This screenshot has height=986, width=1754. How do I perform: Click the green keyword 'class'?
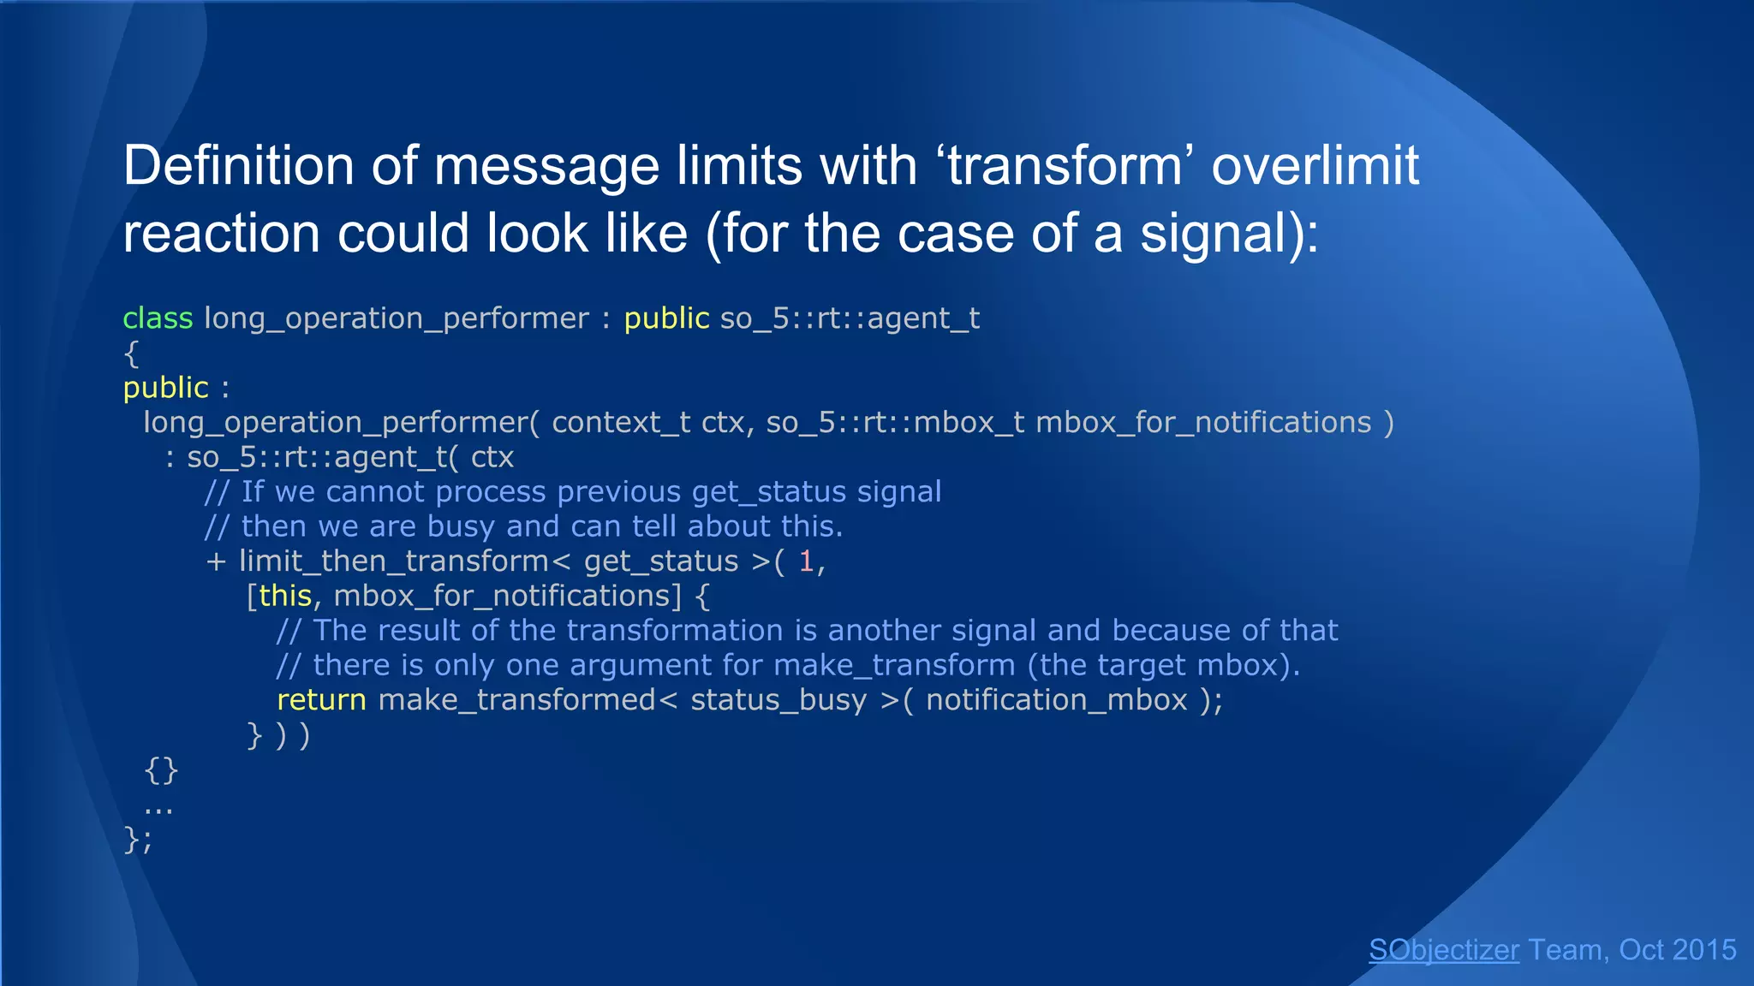click(158, 318)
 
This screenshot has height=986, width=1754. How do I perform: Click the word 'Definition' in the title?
click(238, 165)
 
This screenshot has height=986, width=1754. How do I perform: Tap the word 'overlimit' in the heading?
click(1315, 165)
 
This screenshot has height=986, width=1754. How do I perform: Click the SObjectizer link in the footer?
click(1444, 950)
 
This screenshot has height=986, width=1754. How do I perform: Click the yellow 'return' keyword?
click(321, 700)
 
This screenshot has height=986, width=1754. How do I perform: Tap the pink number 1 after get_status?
click(805, 561)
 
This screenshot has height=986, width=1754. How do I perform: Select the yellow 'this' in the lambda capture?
click(284, 596)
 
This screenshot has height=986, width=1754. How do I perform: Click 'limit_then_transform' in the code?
click(394, 561)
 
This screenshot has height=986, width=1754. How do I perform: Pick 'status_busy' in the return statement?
click(779, 700)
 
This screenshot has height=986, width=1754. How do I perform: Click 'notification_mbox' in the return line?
click(1056, 700)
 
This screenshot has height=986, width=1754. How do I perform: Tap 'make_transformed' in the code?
click(516, 700)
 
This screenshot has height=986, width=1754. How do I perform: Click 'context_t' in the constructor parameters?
click(621, 423)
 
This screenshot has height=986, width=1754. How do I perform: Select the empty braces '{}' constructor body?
click(161, 769)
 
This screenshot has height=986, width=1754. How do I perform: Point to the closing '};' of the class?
click(138, 839)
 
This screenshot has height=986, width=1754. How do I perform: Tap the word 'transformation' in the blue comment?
click(675, 631)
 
